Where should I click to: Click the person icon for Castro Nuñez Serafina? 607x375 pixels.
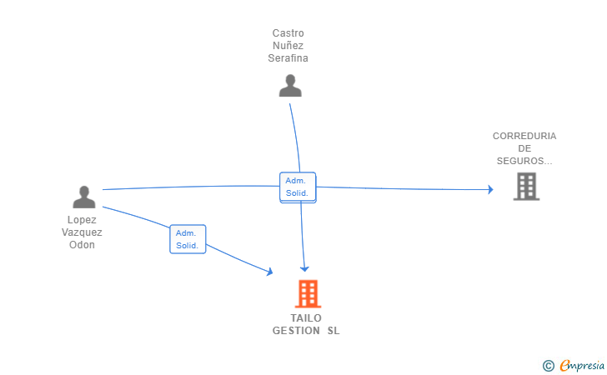coord(290,86)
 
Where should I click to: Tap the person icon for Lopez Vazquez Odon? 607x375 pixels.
coord(84,197)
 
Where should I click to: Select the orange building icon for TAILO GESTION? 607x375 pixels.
coord(308,293)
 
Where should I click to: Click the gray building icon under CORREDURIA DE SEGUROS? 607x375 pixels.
coord(526,187)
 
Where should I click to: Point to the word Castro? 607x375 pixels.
coord(288,33)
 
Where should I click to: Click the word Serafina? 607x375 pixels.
coord(288,58)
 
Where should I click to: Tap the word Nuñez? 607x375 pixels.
coord(288,46)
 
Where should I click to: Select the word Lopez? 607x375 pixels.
coord(82,220)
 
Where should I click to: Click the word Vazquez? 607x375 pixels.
coord(82,232)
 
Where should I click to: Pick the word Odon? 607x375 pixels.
coord(82,245)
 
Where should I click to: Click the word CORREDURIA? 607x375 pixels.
coord(524,136)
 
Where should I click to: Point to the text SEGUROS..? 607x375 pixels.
coord(523,161)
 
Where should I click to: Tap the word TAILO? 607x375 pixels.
coord(306,318)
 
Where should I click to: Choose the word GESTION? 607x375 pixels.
coord(295,331)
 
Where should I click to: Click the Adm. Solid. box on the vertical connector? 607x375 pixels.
coord(297,187)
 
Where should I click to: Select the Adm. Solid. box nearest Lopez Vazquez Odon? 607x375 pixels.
coord(188,239)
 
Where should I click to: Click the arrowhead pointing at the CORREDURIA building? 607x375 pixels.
coord(490,190)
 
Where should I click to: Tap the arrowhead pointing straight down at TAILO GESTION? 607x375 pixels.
coord(305,267)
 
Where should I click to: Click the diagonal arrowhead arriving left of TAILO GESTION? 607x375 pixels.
coord(268,271)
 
